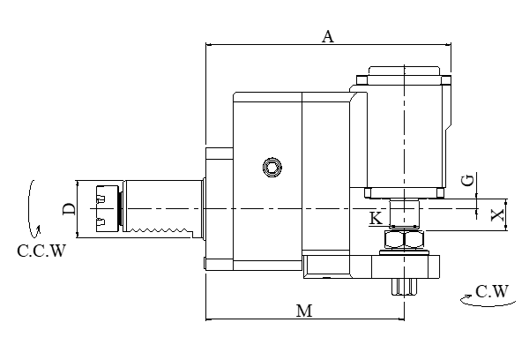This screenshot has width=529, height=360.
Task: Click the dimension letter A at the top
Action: point(328,36)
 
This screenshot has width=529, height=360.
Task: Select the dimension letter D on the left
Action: point(68,209)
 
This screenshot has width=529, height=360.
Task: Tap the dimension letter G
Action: point(469,180)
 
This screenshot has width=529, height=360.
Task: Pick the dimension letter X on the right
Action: point(496,214)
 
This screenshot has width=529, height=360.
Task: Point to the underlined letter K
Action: point(376,217)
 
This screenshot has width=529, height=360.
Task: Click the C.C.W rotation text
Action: point(41,251)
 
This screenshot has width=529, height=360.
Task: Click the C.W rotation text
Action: point(491,290)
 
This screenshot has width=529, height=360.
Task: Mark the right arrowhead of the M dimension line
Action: point(410,319)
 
